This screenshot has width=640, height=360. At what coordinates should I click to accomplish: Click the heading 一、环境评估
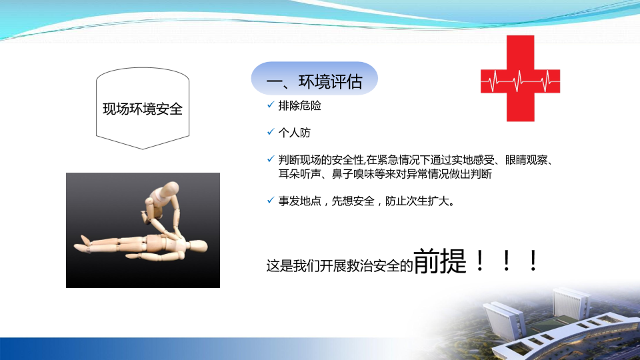pos(314,81)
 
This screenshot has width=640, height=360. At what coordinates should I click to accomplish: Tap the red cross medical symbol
pos(521,79)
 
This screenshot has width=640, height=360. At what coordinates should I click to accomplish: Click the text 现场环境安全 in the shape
pos(143,109)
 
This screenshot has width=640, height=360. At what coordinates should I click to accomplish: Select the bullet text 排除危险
pos(299,106)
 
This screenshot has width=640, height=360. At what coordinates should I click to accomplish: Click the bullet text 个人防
pos(294,133)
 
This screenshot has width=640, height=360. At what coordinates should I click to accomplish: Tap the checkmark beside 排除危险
pos(271,105)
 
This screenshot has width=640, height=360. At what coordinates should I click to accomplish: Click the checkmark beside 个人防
pos(271,132)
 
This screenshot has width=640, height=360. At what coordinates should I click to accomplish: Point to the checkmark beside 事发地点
pos(271,200)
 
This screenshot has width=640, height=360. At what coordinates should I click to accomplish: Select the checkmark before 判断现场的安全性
pos(271,159)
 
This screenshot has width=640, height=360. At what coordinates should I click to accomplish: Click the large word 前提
pos(440,261)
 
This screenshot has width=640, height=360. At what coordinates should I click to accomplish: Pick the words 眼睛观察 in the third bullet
pos(527,160)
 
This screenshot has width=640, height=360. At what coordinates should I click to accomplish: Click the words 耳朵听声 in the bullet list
pos(299,174)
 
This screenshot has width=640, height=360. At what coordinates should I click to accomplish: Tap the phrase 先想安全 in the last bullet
pos(353,201)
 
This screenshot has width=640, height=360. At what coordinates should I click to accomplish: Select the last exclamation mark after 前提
pos(533,261)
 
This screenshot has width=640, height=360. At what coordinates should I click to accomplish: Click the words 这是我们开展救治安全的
pos(340,266)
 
